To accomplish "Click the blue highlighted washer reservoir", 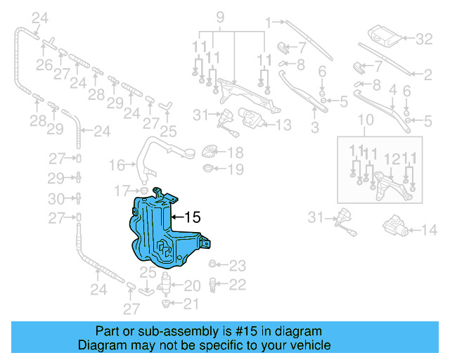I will (x=158, y=236).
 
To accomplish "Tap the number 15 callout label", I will (x=192, y=218).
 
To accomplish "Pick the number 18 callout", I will (x=235, y=153).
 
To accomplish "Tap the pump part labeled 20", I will (x=166, y=285).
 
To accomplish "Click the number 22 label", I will (x=238, y=284).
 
